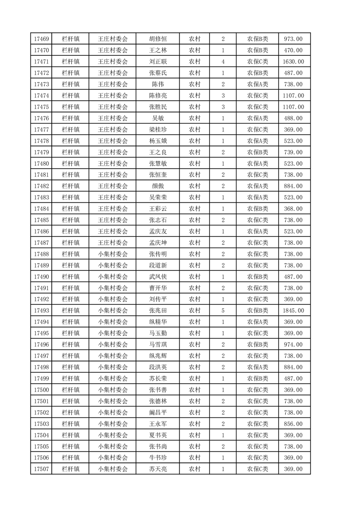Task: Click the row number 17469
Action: point(41,39)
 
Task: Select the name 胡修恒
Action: point(158,39)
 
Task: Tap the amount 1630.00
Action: point(293,62)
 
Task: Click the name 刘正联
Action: point(158,62)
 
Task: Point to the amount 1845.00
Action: point(293,311)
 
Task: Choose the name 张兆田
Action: point(158,311)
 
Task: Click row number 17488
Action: point(41,254)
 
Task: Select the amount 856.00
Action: point(293,424)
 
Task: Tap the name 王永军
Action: point(158,424)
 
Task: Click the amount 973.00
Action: point(293,39)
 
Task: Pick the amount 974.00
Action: point(293,345)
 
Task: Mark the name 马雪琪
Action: point(158,345)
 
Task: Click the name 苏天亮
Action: point(158,469)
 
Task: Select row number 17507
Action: point(41,469)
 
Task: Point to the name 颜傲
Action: point(158,186)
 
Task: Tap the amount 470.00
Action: point(293,50)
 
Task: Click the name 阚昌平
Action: point(158,412)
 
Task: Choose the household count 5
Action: point(223,311)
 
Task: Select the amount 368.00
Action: point(293,209)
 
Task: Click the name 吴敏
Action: point(158,118)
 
